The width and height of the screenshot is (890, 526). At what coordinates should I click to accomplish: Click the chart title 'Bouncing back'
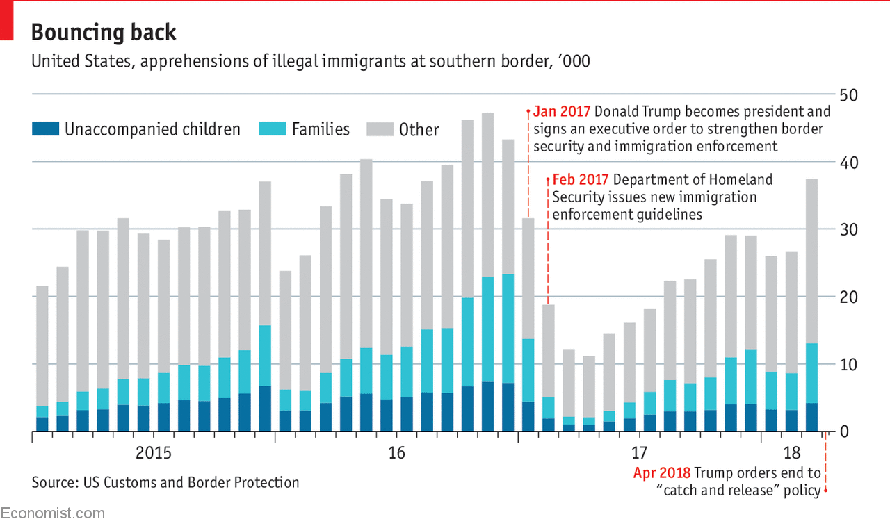click(104, 32)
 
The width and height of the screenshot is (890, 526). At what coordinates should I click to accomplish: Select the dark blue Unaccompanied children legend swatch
click(45, 129)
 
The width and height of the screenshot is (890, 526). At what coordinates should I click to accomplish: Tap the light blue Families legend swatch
click(272, 129)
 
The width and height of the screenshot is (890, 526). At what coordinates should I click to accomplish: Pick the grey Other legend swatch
click(380, 129)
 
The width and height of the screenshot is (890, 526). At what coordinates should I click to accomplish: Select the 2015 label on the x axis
click(153, 454)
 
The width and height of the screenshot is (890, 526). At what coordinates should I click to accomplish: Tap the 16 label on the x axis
click(396, 454)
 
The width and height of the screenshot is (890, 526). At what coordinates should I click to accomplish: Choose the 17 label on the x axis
click(639, 454)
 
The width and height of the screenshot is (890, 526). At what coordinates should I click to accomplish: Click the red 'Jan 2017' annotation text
click(562, 112)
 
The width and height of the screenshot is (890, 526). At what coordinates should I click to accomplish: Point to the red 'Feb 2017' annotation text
click(581, 180)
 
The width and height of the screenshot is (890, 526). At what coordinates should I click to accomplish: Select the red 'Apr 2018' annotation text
click(661, 473)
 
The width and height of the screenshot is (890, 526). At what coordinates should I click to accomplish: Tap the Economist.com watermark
click(53, 513)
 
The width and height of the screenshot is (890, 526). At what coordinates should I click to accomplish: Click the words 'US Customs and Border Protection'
click(197, 482)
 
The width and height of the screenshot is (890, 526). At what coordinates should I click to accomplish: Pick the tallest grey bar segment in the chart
click(487, 195)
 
